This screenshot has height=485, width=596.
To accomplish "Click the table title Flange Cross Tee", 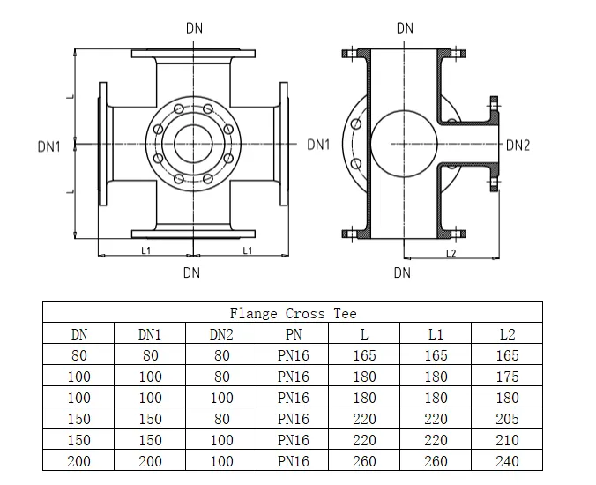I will (293, 313).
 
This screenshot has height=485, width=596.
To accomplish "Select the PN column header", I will (293, 334).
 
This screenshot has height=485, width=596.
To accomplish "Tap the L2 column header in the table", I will (507, 334).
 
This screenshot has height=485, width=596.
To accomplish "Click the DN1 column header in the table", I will (150, 334).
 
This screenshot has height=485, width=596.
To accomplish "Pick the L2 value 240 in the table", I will (507, 461).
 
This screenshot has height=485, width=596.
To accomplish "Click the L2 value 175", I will (507, 377).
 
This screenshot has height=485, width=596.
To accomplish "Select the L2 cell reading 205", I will (507, 419).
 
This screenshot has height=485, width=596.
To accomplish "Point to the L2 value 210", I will (507, 440).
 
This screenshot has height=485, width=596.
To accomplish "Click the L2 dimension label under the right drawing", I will (451, 254).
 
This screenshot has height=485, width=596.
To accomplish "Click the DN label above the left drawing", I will (194, 27).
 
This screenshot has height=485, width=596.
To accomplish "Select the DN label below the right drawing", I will (402, 272).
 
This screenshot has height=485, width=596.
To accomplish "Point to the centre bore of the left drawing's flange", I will (192, 142).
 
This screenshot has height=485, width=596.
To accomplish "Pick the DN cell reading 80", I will (79, 355).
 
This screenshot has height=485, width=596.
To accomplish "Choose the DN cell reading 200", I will (79, 461).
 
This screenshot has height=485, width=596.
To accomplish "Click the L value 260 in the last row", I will (363, 461).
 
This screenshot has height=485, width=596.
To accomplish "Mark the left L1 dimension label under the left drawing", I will (146, 250).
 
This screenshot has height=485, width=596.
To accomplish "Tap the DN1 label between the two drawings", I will (318, 145).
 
